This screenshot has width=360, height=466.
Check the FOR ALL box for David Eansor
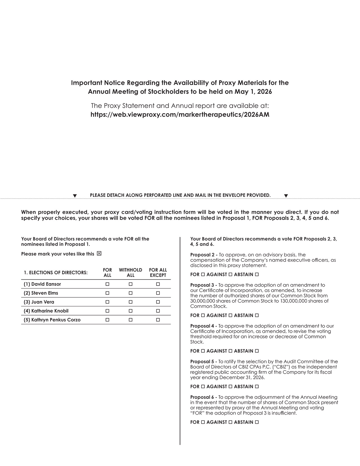pos(107,284)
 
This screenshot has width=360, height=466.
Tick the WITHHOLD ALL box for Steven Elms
pos(130,293)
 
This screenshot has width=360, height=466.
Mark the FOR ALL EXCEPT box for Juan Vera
pos(158,302)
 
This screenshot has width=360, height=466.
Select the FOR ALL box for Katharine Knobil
pos(107,311)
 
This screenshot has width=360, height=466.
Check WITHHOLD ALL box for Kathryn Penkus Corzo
pos(130,320)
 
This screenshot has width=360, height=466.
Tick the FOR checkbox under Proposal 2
pos(203,275)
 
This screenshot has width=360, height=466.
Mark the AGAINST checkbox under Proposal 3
pos(230,315)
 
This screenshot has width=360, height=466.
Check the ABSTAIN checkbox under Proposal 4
pos(257,351)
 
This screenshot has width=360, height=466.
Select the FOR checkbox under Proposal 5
pos(203,387)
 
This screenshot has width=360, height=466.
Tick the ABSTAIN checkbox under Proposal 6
pos(257,422)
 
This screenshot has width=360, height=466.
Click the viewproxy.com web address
pos(180,115)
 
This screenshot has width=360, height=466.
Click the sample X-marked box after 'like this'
pos(99,254)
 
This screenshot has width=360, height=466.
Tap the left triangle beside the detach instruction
pos(75,196)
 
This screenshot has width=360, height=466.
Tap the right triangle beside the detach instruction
pos(286,196)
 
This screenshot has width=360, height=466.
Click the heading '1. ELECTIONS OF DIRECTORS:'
pos(56,273)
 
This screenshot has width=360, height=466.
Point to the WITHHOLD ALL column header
pos(130,273)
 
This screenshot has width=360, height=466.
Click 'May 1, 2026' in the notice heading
pos(256,92)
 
